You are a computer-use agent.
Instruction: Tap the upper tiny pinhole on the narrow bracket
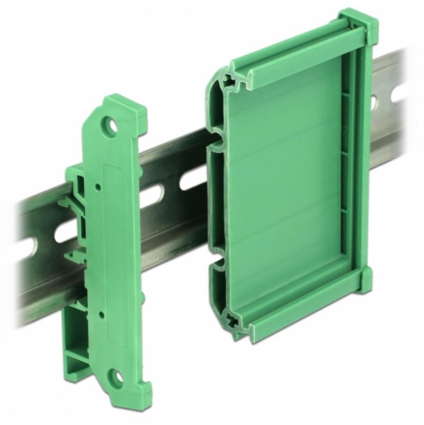coord(99,187)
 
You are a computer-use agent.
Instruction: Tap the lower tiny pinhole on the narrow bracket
coord(102,314)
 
